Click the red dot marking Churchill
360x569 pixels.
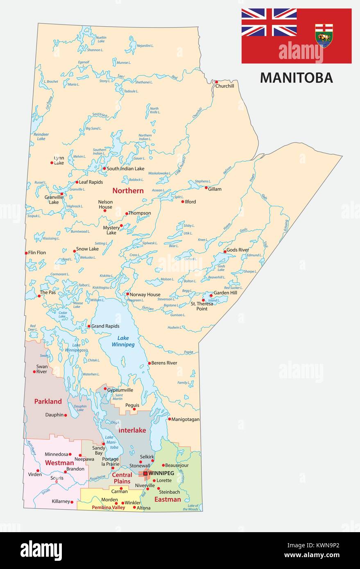(216, 82)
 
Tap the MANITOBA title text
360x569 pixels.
(296, 77)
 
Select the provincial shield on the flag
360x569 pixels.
(324, 36)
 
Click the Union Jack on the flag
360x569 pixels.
(269, 22)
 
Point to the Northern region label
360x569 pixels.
(128, 191)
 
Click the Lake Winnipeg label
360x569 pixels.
(123, 341)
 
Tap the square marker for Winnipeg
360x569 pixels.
(145, 473)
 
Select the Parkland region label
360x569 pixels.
(48, 402)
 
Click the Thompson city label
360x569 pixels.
(139, 213)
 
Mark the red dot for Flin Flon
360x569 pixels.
(26, 253)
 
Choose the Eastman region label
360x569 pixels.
(168, 499)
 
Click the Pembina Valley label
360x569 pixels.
(108, 508)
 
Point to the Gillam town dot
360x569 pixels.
(206, 187)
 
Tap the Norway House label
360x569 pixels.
(145, 295)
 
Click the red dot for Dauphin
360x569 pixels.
(66, 415)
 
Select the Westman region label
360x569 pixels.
(59, 463)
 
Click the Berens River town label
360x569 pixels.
(164, 363)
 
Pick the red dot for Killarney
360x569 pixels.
(72, 502)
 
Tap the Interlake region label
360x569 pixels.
(132, 430)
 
